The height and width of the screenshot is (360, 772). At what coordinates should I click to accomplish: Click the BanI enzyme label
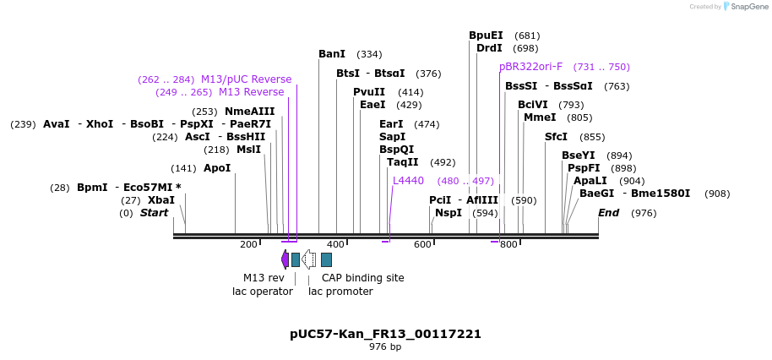[332, 54]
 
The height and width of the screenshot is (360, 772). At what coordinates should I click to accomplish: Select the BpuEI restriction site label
[486, 35]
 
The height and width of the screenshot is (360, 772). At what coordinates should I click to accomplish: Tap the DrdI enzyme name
[489, 48]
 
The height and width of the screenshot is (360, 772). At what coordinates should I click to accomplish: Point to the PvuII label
[369, 92]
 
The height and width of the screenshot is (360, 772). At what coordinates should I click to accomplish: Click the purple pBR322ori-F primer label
[530, 67]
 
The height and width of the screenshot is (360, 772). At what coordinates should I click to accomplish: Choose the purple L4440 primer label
[408, 181]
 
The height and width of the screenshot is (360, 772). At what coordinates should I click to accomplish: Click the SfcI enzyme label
[556, 137]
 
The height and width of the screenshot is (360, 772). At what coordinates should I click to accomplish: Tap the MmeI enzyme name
[540, 117]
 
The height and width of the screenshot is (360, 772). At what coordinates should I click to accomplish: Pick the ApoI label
[217, 168]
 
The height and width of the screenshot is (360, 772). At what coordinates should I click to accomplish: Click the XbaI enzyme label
[161, 200]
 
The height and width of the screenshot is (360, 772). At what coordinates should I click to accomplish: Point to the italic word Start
[154, 213]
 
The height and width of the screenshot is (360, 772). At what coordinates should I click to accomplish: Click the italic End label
[608, 213]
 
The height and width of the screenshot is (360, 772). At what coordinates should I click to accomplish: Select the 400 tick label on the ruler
[335, 245]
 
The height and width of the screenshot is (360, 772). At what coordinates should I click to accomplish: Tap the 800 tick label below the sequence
[508, 245]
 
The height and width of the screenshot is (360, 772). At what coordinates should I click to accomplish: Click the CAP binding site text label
[362, 278]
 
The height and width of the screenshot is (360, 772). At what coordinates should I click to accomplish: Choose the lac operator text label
[263, 292]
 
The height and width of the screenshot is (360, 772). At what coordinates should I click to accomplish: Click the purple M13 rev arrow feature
[285, 259]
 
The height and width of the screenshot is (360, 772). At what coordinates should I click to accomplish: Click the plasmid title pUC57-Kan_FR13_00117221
[385, 334]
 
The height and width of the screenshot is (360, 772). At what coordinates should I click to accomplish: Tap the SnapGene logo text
[749, 7]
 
